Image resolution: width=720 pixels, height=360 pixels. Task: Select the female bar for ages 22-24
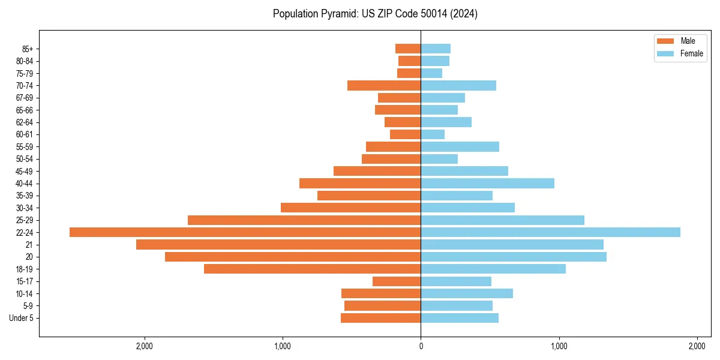click(550, 232)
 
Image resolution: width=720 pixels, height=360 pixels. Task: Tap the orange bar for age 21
click(278, 244)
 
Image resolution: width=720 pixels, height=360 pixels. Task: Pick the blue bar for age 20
click(514, 257)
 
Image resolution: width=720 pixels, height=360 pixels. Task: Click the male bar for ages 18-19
click(312, 269)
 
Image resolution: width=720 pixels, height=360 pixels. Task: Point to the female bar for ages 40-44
click(487, 183)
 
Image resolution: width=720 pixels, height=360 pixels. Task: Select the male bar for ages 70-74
click(384, 85)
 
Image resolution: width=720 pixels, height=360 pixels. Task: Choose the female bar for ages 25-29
click(502, 220)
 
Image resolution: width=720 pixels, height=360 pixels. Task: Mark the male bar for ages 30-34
click(350, 208)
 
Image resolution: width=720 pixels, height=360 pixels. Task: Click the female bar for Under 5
click(460, 318)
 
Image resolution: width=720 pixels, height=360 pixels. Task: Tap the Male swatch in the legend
click(665, 41)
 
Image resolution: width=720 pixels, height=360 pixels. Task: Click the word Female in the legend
click(691, 53)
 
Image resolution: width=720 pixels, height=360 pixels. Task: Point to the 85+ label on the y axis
click(26, 49)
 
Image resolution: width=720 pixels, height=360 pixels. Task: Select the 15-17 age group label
click(24, 281)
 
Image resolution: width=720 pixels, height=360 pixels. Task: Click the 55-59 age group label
click(24, 146)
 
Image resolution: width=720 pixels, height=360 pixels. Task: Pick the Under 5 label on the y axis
click(21, 318)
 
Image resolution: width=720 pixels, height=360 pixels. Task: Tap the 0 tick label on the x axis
click(421, 346)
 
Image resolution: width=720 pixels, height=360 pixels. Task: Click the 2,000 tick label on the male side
click(144, 346)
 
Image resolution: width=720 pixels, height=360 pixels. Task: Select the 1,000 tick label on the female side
click(559, 346)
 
